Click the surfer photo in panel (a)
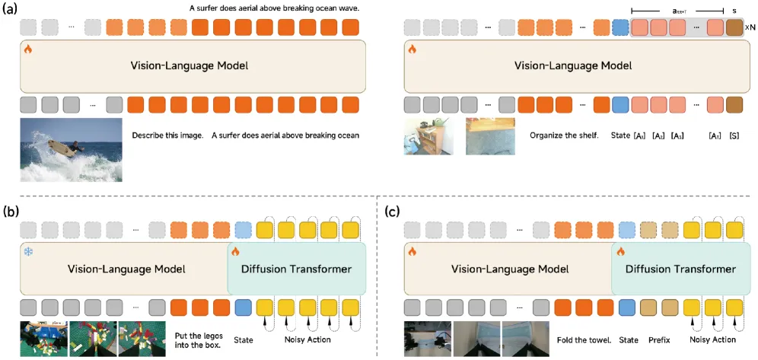point(71,150)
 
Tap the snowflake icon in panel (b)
point(29,252)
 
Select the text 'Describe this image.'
point(167,135)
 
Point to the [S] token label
point(734,135)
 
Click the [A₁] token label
point(639,135)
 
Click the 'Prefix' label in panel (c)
point(659,339)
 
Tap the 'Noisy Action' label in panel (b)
point(307,339)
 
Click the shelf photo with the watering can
point(428,136)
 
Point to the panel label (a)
point(11,10)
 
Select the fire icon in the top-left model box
point(28,49)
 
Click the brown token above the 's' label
point(734,27)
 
